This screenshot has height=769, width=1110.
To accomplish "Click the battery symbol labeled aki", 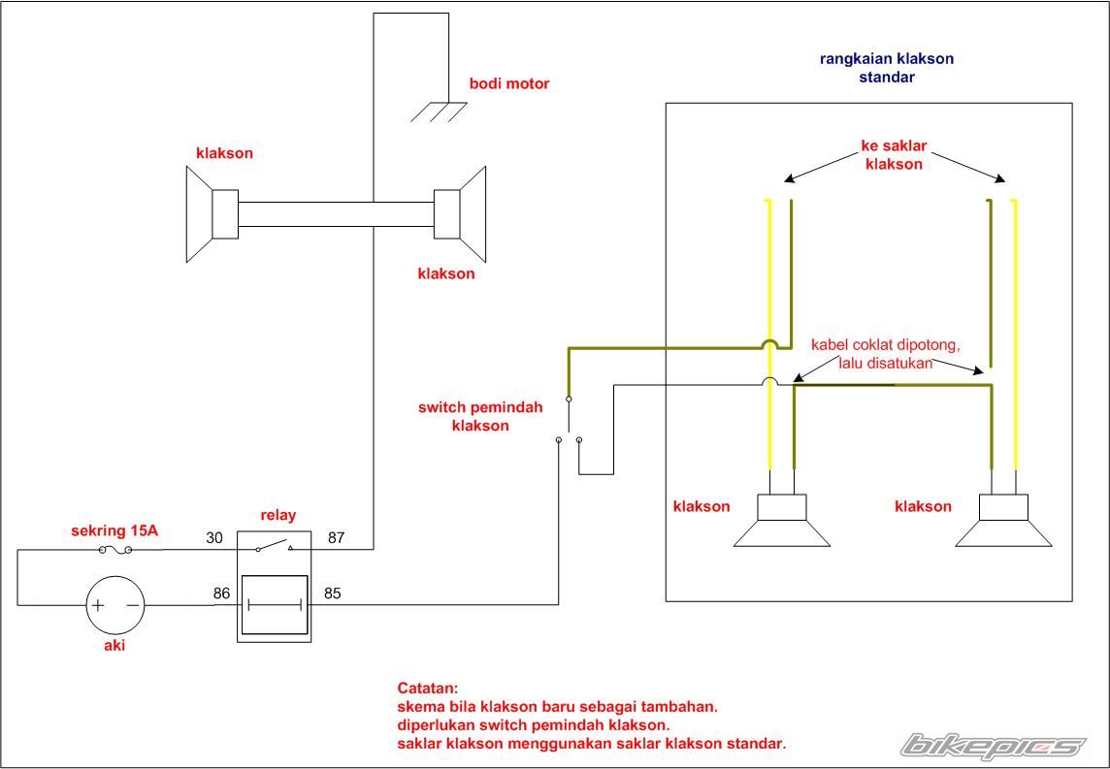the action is click(x=115, y=605).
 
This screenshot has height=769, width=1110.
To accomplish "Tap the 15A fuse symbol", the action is click(x=115, y=550).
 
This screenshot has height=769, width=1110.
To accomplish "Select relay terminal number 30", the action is click(x=214, y=537).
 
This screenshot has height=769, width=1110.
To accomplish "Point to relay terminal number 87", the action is click(x=337, y=537).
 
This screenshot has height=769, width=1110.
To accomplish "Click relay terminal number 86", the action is click(x=221, y=593).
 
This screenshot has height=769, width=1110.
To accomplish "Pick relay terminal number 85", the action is click(x=333, y=593).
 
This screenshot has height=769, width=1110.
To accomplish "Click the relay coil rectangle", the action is click(x=275, y=605).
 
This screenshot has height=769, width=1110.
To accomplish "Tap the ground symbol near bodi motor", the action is click(x=439, y=112).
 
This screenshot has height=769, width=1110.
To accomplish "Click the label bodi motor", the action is click(x=509, y=83).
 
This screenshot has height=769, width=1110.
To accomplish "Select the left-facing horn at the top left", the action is click(x=212, y=214).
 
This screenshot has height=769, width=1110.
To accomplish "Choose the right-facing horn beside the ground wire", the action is click(x=460, y=213).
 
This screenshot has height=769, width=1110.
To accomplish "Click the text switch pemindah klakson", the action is click(x=480, y=417).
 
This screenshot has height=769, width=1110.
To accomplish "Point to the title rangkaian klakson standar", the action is click(x=886, y=67).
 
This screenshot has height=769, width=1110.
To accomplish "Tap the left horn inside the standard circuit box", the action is click(x=781, y=521).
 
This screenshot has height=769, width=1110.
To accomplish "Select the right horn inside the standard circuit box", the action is click(x=1003, y=521).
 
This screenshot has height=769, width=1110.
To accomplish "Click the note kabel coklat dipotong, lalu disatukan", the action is click(x=885, y=354).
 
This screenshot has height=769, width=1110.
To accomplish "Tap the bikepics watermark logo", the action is click(x=994, y=747).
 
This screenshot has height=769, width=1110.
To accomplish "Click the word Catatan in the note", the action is click(x=428, y=689).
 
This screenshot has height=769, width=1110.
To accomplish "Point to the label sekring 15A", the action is click(x=114, y=530).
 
